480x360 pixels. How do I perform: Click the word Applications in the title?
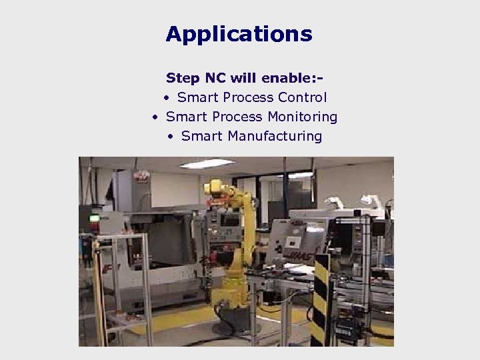click(x=239, y=34)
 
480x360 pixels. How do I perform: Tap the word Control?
click(x=303, y=97)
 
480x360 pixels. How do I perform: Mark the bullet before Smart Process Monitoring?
click(x=155, y=117)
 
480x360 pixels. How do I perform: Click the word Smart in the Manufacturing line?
click(x=202, y=136)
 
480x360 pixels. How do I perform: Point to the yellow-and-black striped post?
click(x=323, y=300)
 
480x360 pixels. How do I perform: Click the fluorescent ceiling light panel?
click(x=207, y=164)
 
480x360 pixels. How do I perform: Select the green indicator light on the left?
click(x=95, y=217)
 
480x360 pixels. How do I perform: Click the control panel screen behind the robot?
click(x=230, y=220)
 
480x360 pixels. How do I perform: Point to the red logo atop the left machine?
click(x=141, y=176)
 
